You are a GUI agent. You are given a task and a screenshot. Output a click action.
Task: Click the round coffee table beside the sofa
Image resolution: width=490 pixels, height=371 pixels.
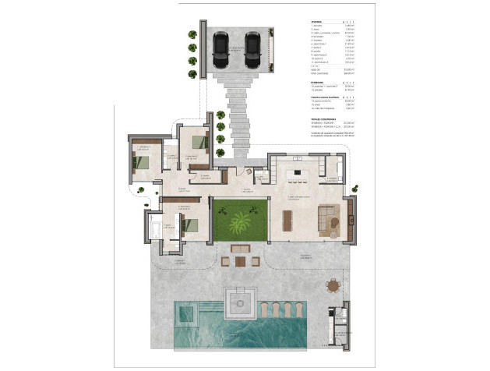(x=335, y=224)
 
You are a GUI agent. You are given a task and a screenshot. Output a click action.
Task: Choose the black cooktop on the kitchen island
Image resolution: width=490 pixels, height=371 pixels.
(x=294, y=173)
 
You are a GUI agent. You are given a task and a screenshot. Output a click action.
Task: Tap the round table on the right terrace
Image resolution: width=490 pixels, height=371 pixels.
(x=334, y=286)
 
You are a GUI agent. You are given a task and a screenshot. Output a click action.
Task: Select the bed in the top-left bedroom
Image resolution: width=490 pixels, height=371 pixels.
(x=142, y=161)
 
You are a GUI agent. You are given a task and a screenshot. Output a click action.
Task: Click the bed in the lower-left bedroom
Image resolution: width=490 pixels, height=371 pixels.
(x=189, y=226)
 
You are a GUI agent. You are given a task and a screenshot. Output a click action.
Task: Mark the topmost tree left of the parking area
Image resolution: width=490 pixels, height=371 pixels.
(x=192, y=34)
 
